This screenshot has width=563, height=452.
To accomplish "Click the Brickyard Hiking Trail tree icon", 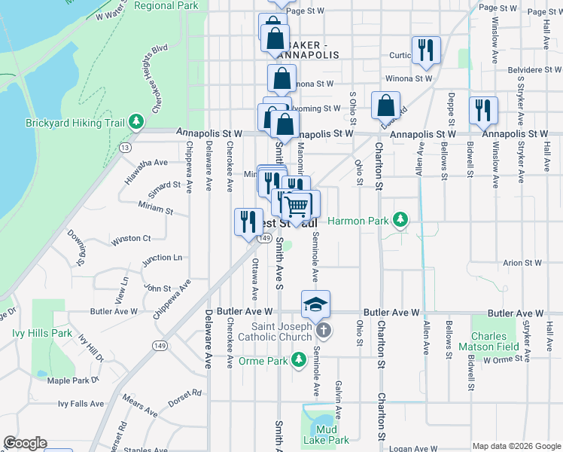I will (136, 121).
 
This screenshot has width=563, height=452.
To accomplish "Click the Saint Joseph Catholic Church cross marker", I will (323, 331).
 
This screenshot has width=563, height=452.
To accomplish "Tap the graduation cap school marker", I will (316, 304).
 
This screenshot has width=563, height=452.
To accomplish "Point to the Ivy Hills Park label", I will (42, 333).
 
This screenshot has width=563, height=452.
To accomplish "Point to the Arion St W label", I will (522, 263).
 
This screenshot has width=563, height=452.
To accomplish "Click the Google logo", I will (25, 443).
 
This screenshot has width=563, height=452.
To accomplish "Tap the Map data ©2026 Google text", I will (516, 446).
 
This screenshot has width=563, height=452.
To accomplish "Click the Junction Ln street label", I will (162, 258).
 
